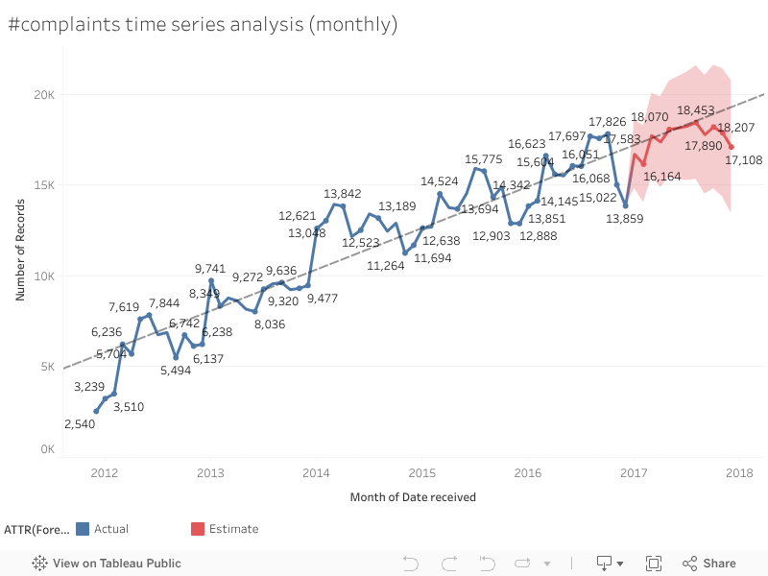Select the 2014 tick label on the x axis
[316, 472]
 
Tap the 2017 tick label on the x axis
[633, 472]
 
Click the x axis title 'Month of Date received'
[413, 497]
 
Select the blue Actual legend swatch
[83, 529]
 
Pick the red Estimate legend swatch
[198, 529]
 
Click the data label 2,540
[81, 424]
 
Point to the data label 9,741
[210, 270]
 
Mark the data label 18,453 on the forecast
[695, 111]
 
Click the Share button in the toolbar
[709, 564]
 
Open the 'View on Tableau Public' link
[107, 564]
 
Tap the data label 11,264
[386, 266]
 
